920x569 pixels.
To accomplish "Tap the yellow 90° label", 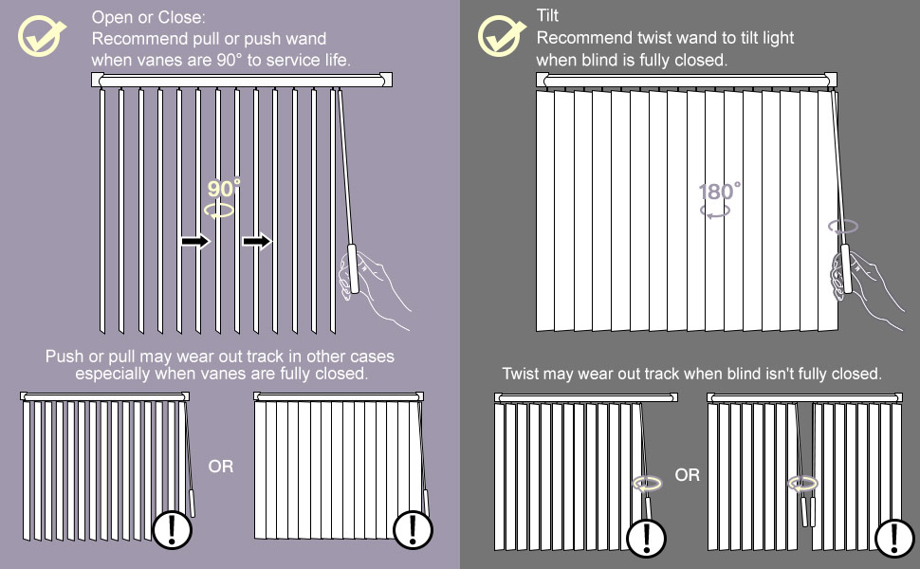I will [225, 187].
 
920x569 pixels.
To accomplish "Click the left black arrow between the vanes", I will [195, 242].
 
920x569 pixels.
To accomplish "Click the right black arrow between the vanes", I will [256, 242].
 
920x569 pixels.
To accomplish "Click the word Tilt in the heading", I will [547, 16].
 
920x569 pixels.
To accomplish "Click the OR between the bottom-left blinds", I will [220, 467].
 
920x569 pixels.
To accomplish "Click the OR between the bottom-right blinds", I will [688, 474].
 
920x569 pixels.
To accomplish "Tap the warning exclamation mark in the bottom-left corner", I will [172, 527].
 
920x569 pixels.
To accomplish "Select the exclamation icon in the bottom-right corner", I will [893, 538].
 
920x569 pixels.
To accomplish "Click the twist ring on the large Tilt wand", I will [843, 227].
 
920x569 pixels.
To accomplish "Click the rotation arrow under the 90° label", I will [221, 211].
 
